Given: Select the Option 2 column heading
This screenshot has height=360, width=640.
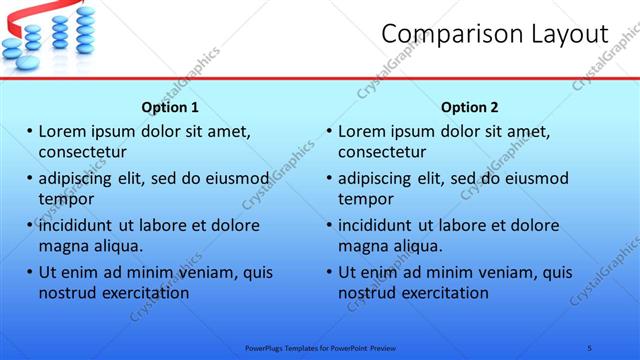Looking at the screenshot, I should (x=470, y=107).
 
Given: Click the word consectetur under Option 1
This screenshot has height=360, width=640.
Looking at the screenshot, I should (x=82, y=152).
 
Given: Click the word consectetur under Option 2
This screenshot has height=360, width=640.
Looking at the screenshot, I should (x=382, y=152).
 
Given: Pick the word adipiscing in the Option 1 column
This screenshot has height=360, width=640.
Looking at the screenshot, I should (x=78, y=178).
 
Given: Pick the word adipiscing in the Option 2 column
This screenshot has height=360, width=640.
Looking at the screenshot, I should (x=378, y=178).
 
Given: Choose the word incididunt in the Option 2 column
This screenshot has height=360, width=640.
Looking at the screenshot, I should (x=379, y=225).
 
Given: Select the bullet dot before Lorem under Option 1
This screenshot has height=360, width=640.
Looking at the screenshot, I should (x=30, y=131).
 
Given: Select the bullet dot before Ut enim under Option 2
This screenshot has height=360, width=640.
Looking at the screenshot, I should (x=330, y=272).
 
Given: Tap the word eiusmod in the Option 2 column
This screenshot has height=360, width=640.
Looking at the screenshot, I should (x=534, y=178).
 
